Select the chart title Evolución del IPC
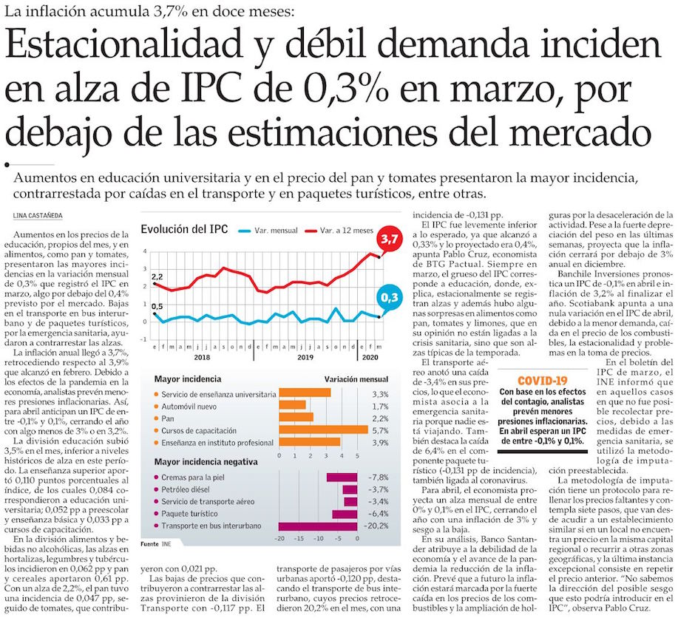pyautogui.click(x=184, y=228)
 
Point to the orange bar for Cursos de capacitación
pyautogui.click(x=323, y=429)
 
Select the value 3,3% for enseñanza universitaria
pyautogui.click(x=379, y=393)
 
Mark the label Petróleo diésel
pyautogui.click(x=192, y=489)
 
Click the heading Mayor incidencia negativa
pyautogui.click(x=206, y=462)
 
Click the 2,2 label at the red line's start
pyautogui.click(x=157, y=277)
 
